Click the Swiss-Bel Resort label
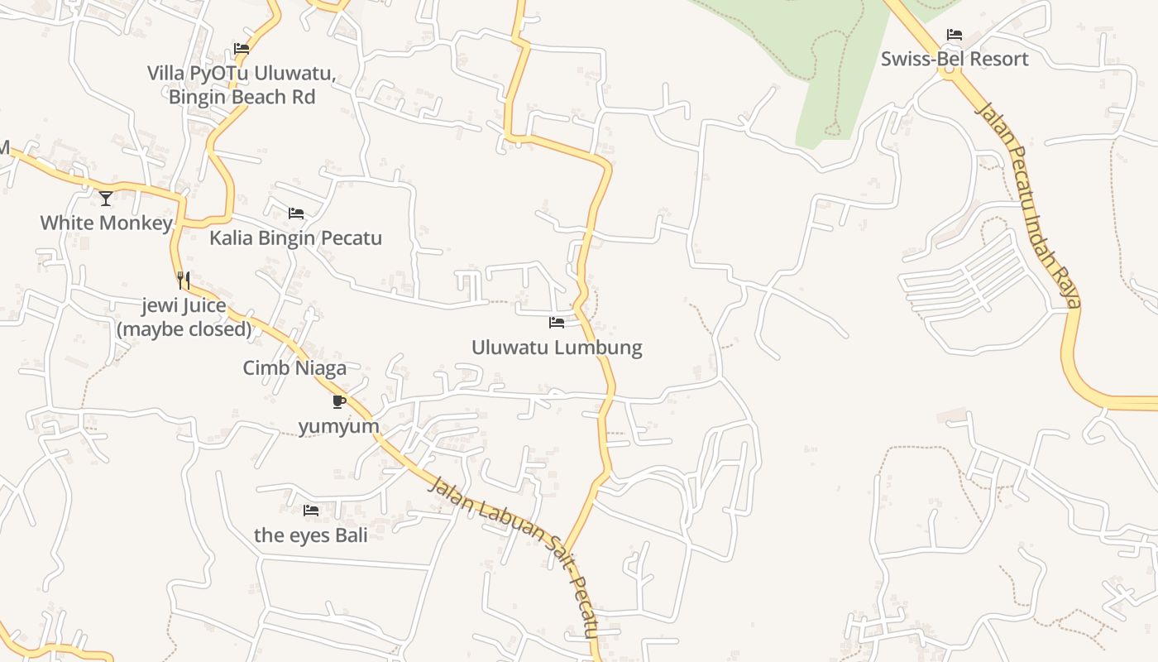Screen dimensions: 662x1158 coord(954,59)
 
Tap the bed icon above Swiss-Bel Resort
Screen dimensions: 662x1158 coord(954,35)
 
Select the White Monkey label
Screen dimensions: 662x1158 coord(106,223)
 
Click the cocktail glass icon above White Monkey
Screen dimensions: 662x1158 coord(106,198)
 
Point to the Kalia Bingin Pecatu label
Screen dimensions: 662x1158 coord(295,238)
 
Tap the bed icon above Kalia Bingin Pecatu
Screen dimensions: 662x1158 coord(295,213)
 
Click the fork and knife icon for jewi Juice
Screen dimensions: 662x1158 coord(184,281)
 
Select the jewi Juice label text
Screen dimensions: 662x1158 coord(184,306)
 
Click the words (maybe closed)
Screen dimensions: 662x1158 coord(184,329)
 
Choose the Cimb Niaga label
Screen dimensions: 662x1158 coord(294,368)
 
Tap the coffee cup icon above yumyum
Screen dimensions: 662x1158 coord(338,401)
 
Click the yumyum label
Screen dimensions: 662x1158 coord(338,426)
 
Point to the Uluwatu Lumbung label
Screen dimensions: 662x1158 coord(557,347)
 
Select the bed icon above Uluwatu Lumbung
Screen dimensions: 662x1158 coord(557,322)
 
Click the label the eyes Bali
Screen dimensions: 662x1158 coord(310,535)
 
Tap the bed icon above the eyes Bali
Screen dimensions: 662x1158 coord(310,511)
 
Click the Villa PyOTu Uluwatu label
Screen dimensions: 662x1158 coord(242,74)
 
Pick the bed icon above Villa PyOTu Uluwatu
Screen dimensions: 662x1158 coord(242,49)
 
